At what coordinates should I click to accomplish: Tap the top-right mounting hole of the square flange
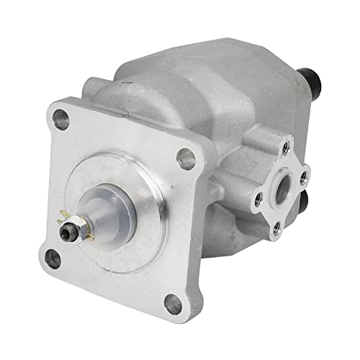coord(187,158)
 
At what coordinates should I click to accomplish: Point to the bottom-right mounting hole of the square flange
coord(172,305)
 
